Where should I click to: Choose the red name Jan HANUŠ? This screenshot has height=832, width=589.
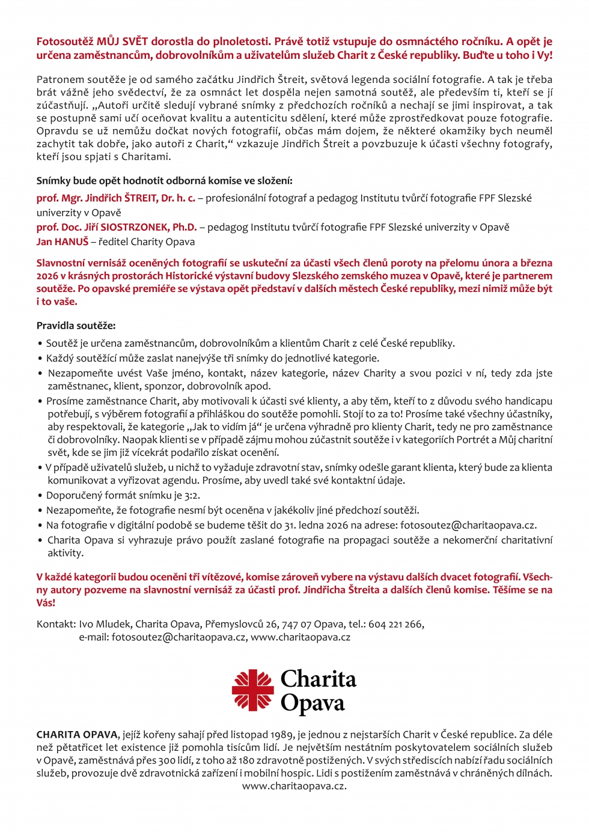(x=63, y=241)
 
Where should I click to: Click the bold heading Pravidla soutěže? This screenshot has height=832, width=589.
(x=76, y=326)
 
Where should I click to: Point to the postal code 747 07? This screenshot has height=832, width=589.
(x=298, y=624)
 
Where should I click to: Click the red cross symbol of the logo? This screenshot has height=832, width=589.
(x=253, y=690)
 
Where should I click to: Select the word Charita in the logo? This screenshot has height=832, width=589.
(x=319, y=679)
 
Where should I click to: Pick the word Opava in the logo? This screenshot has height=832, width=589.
(x=313, y=703)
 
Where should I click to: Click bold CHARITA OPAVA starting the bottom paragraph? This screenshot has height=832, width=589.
(x=77, y=735)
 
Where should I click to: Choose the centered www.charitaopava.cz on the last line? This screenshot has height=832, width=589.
(x=294, y=786)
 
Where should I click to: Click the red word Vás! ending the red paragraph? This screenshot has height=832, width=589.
(x=46, y=603)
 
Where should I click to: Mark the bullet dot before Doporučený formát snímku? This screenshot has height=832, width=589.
(x=40, y=496)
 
